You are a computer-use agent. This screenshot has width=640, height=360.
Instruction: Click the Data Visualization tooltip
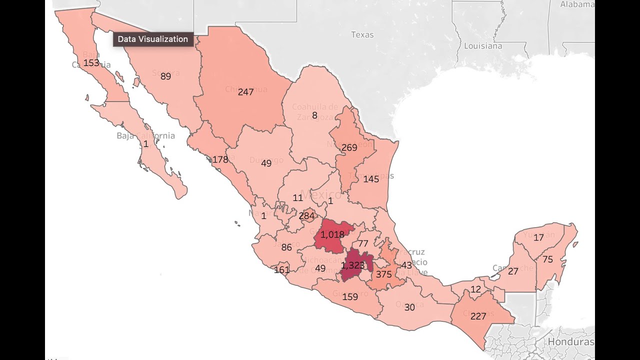point(153,39)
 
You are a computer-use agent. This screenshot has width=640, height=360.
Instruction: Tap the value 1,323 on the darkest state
point(352,265)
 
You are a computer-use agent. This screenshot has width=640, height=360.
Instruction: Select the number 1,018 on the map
point(332,234)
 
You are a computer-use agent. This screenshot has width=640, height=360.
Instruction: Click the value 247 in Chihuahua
point(245,92)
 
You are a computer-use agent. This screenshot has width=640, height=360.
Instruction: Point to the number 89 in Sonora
point(166,76)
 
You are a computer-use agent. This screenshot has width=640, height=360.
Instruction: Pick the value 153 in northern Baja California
point(91,63)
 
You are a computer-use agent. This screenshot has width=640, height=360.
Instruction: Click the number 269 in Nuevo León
point(349,147)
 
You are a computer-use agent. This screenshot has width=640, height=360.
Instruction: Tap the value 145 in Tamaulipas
point(371,179)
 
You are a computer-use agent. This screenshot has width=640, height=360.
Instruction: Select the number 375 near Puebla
point(384,274)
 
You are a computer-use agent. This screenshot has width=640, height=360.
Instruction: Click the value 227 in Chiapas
point(478,316)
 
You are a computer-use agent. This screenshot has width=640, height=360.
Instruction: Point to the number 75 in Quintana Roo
point(547,259)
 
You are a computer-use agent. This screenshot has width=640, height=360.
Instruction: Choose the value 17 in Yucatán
point(538,237)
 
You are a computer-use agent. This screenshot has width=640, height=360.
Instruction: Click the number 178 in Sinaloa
point(220,159)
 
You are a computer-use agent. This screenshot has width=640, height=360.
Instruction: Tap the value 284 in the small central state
point(306,216)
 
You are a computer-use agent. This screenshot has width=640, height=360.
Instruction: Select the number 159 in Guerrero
point(350,296)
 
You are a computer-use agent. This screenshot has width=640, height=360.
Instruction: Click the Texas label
point(362,34)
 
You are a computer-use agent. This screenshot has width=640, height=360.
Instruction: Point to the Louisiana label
point(483,46)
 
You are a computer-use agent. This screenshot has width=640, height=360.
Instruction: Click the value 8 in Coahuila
point(314,115)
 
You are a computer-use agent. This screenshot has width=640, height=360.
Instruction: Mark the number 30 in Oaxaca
point(409,307)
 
